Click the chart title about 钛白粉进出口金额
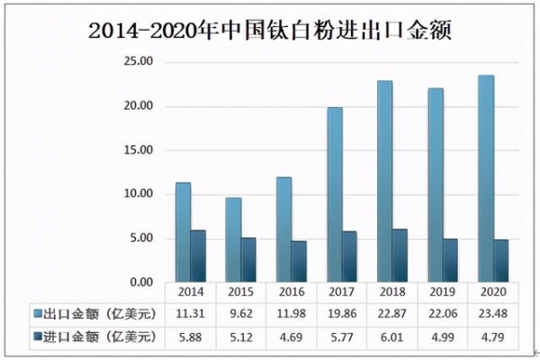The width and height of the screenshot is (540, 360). click(x=270, y=29)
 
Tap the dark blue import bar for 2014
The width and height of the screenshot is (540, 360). click(x=198, y=256)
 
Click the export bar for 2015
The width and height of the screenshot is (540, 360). click(x=233, y=239)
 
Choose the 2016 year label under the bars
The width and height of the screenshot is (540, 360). click(x=292, y=292)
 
